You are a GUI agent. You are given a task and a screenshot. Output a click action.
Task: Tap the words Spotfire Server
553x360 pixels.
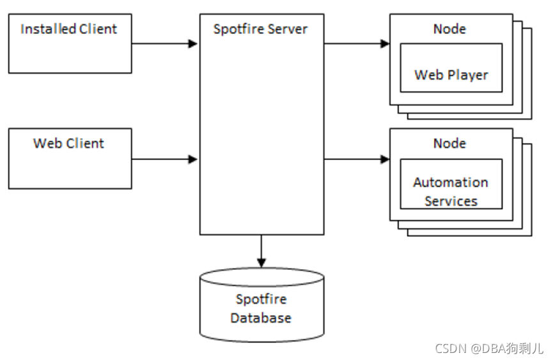(261, 29)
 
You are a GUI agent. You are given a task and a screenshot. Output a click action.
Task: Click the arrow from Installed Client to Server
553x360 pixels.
(164, 43)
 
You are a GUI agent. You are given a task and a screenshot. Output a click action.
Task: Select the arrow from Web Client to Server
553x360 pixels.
(164, 159)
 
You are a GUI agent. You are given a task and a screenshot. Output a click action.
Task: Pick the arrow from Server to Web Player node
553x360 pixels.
(357, 43)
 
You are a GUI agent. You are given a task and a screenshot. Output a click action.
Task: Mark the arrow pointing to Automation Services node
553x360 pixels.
(357, 159)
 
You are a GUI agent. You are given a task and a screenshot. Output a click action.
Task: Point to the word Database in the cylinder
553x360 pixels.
(261, 318)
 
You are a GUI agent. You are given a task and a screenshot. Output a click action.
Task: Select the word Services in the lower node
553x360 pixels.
(451, 201)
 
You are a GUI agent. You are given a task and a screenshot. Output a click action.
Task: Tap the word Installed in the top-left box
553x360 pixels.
(49, 29)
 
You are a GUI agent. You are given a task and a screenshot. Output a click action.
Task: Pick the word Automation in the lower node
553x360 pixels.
(451, 182)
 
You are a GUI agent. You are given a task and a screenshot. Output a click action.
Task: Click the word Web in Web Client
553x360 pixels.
(47, 143)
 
